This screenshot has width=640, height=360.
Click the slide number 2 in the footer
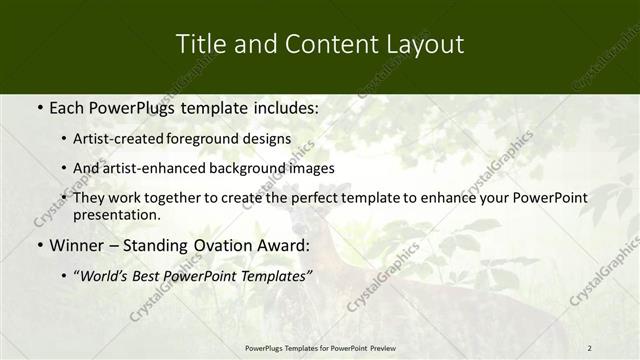click(589, 347)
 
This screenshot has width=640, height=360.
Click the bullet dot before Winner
click(38, 245)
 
